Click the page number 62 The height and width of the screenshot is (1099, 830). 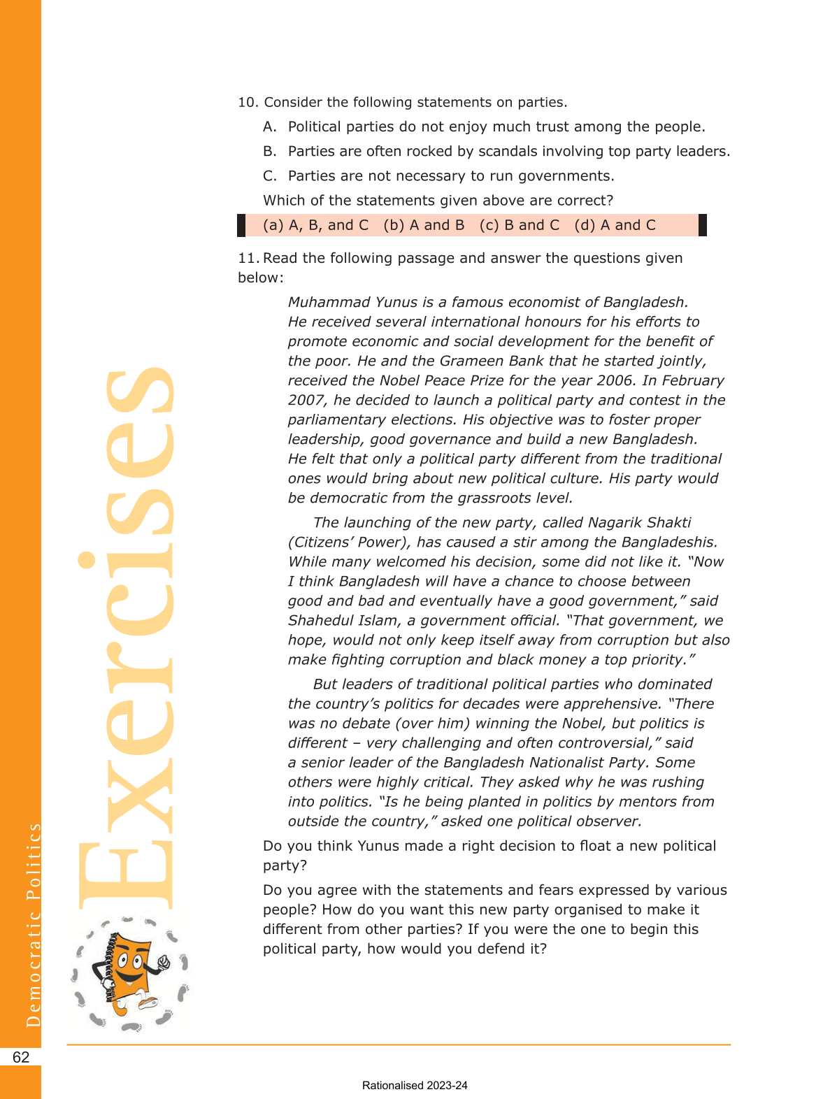pyautogui.click(x=21, y=1056)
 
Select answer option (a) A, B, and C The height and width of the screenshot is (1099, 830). pyautogui.click(x=315, y=225)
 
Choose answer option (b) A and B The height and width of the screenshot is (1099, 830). pyautogui.click(x=424, y=225)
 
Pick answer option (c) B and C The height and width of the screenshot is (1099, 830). pyautogui.click(x=520, y=225)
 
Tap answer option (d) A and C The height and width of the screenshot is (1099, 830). pyautogui.click(x=615, y=225)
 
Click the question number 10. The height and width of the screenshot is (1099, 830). pyautogui.click(x=248, y=102)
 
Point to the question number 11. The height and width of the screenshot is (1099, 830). pyautogui.click(x=248, y=258)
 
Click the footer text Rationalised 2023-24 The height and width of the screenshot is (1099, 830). pyautogui.click(x=415, y=1086)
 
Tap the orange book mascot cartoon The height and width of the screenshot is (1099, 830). pyautogui.click(x=131, y=972)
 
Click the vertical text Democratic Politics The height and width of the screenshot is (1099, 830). pyautogui.click(x=33, y=924)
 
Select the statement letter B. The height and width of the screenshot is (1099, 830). pyautogui.click(x=269, y=151)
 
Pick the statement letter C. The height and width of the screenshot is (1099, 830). pyautogui.click(x=269, y=175)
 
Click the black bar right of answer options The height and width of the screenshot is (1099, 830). pyautogui.click(x=703, y=225)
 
